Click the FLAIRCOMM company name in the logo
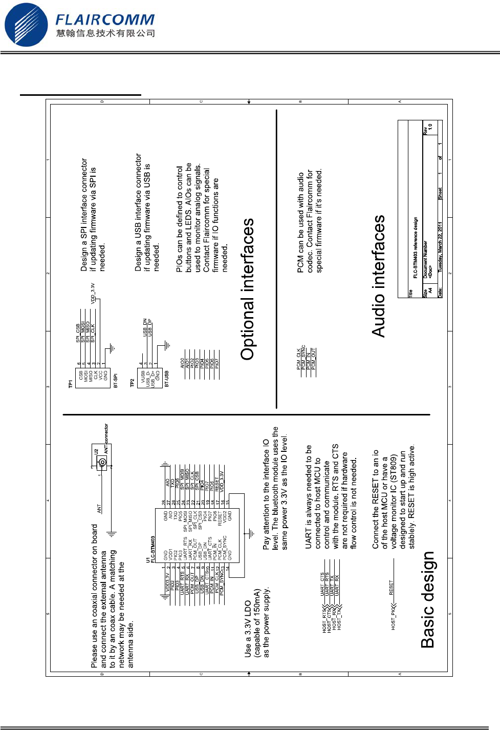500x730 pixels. [x=105, y=19]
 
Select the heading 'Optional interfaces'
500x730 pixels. [x=248, y=289]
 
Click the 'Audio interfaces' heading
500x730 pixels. [x=379, y=276]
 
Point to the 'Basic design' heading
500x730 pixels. [x=428, y=600]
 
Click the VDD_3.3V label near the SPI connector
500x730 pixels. [x=93, y=293]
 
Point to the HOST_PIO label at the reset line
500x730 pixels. [x=393, y=619]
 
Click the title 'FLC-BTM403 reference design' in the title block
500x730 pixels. [x=416, y=248]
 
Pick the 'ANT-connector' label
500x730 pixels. [x=106, y=439]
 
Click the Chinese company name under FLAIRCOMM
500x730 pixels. [x=105, y=33]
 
